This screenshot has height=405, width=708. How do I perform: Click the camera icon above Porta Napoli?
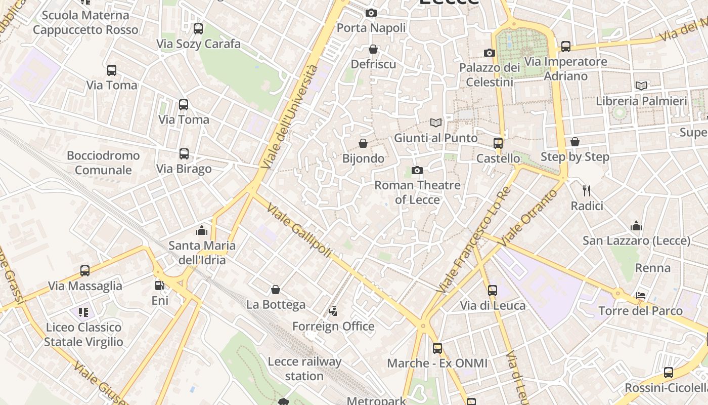[371, 13]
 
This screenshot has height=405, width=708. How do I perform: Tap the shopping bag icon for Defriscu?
[373, 49]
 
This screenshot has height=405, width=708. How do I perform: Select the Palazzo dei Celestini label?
[490, 74]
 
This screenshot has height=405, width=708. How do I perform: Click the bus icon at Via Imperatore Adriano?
[566, 47]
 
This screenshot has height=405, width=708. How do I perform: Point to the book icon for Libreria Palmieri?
[641, 86]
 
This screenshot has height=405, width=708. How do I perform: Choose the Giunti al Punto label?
[435, 138]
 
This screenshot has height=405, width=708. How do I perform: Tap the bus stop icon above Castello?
[498, 143]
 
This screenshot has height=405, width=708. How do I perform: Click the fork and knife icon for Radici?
[587, 191]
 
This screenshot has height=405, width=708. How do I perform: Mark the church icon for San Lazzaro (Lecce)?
[636, 226]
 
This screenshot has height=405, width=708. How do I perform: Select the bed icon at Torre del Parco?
[641, 296]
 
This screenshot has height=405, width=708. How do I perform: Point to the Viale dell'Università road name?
[290, 117]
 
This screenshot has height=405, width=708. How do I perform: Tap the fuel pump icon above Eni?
[160, 286]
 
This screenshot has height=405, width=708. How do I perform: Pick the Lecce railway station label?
[304, 369]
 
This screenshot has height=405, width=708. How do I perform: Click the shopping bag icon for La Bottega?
[276, 290]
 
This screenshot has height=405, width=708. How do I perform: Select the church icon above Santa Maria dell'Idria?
[202, 231]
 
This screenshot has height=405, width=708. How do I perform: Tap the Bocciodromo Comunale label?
[103, 163]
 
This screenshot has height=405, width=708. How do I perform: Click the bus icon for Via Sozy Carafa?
[198, 29]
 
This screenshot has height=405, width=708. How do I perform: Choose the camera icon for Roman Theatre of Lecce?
[417, 171]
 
